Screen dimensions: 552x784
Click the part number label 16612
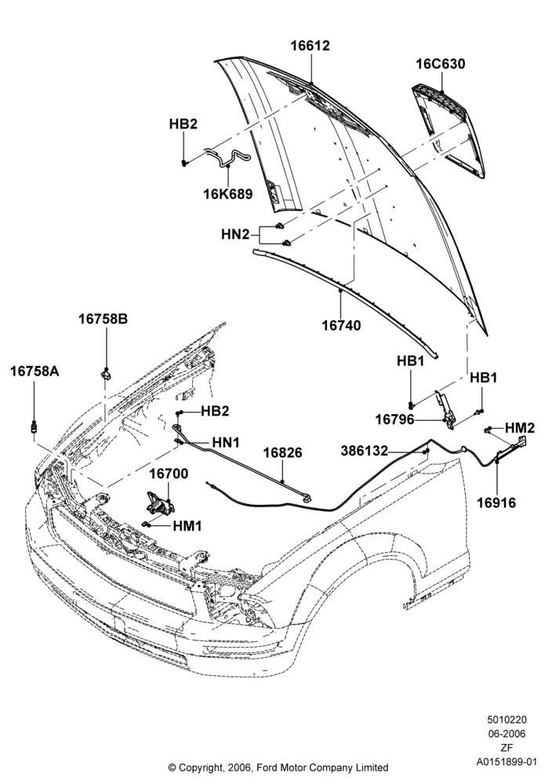point(310,45)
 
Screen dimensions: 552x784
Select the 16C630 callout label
point(441,64)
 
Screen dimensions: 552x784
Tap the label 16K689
point(228,194)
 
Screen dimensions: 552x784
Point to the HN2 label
point(235,234)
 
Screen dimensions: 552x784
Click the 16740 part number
point(341,325)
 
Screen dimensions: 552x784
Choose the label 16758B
point(103,318)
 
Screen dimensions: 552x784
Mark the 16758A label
point(35,371)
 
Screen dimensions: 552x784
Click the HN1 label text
point(226,442)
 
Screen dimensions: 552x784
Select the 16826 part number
point(283,452)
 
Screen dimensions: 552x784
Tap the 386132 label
point(365,451)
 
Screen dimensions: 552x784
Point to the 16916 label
point(496,503)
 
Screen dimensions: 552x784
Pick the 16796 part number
point(395,419)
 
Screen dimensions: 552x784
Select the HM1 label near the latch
point(187,526)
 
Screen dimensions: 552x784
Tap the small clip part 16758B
point(107,373)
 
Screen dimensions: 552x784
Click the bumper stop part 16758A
point(34,428)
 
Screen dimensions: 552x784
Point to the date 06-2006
point(507,734)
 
